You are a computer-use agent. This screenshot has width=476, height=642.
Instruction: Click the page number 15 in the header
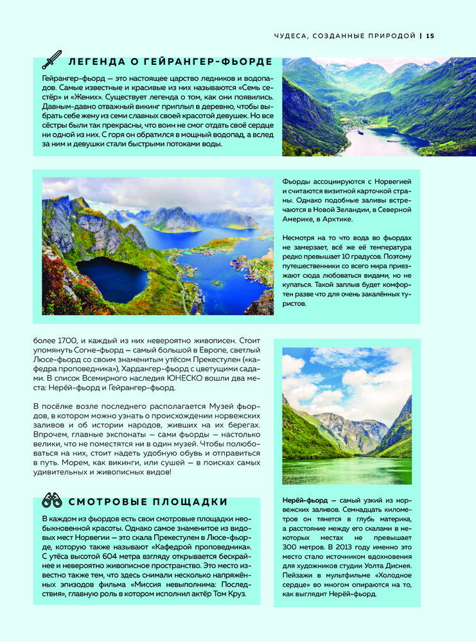click(x=430, y=36)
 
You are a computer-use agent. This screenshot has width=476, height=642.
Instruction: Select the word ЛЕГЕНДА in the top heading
click(x=94, y=62)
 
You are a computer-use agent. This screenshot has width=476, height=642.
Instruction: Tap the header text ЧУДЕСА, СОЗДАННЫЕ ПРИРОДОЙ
click(x=344, y=36)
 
